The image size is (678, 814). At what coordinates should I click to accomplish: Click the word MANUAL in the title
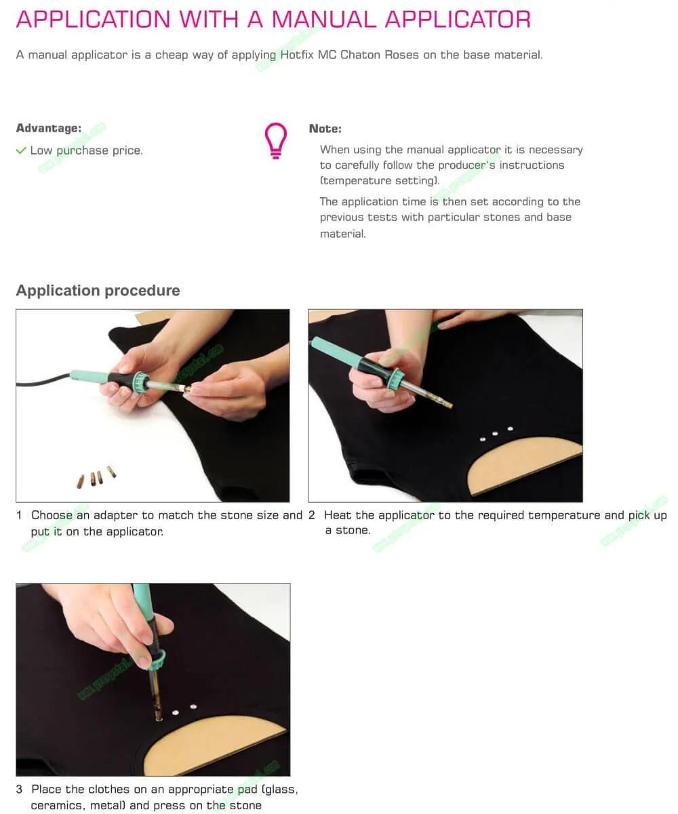click(323, 19)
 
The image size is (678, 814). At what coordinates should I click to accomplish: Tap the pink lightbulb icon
click(275, 140)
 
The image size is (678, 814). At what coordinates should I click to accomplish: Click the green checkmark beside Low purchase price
click(21, 150)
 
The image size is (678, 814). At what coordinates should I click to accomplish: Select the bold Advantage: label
click(49, 128)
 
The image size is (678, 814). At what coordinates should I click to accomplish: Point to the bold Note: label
click(325, 129)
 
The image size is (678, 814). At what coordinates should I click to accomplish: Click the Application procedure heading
click(98, 291)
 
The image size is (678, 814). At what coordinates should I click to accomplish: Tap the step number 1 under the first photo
click(19, 515)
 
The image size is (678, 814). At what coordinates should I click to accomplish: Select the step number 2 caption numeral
click(311, 515)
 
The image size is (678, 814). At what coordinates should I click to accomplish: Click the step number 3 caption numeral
click(19, 789)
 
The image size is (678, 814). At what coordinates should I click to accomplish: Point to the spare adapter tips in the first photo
click(96, 476)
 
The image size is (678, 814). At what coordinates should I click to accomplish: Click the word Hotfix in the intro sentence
click(297, 55)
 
